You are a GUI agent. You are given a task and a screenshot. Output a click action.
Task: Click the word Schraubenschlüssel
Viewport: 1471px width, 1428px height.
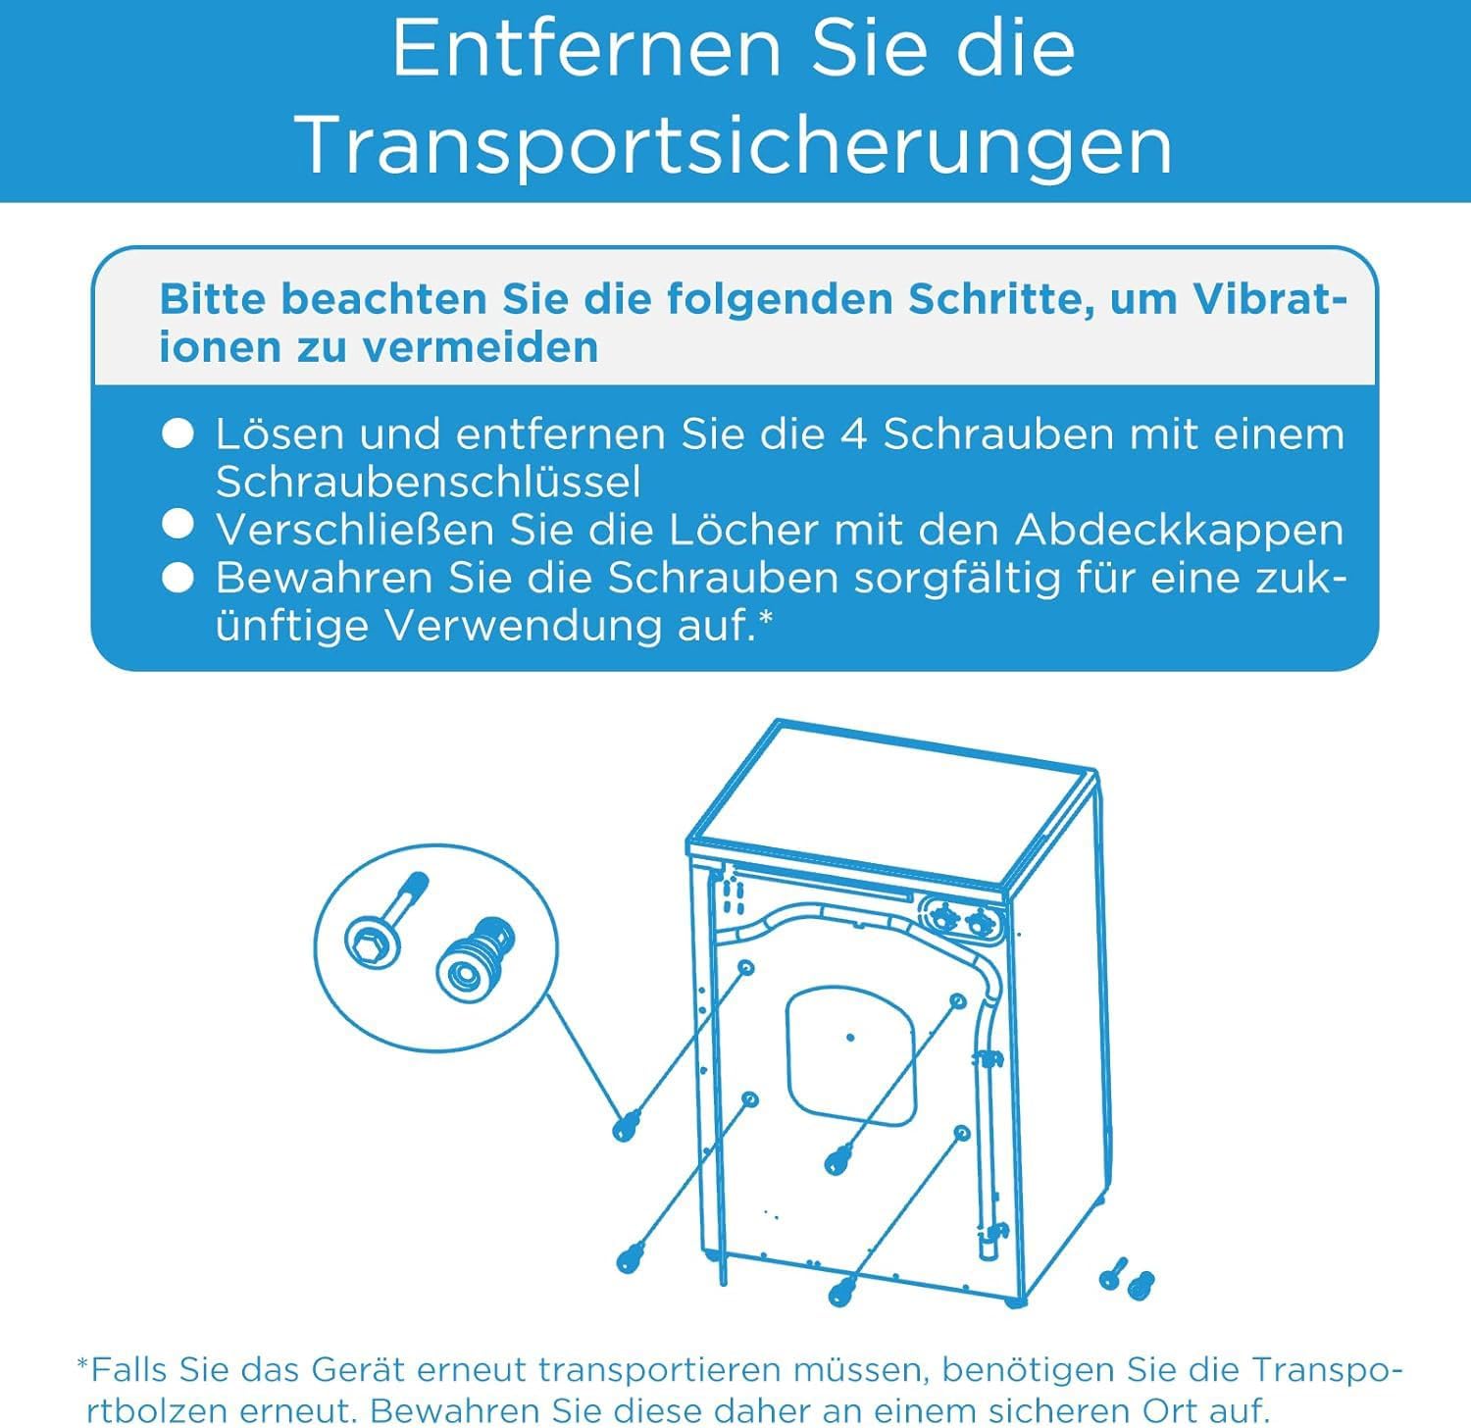[429, 482]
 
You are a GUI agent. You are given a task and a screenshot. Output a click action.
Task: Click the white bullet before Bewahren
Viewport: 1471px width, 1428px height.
[178, 578]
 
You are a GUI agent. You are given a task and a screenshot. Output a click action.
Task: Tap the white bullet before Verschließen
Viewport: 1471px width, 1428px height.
[178, 527]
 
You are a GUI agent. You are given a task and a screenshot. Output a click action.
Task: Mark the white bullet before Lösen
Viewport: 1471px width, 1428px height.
[178, 433]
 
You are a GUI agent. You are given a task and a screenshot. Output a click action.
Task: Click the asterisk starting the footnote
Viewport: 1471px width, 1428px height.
[82, 1365]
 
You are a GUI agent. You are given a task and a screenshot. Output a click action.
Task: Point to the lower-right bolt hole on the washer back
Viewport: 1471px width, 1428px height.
[961, 1134]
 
